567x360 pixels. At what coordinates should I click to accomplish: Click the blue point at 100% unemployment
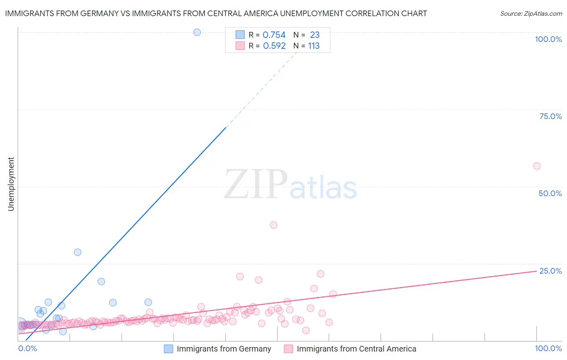(x=197, y=32)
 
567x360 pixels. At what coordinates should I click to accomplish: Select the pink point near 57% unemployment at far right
(x=537, y=166)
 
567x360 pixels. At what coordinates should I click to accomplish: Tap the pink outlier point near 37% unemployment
(x=274, y=225)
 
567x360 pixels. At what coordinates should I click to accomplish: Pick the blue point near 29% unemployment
(x=77, y=252)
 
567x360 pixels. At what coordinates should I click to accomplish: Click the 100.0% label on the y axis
(x=548, y=39)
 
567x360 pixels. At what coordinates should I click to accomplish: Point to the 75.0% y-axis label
(x=550, y=116)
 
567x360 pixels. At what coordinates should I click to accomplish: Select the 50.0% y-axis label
(x=550, y=193)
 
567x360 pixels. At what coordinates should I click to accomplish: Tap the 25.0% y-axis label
(x=550, y=271)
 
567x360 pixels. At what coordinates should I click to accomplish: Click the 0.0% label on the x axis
(x=28, y=348)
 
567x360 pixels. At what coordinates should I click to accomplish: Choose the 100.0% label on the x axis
(x=548, y=348)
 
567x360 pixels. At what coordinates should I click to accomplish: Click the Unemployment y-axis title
(x=11, y=184)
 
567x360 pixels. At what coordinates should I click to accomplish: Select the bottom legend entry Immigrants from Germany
(x=224, y=349)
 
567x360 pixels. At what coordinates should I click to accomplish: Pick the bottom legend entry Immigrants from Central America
(x=356, y=349)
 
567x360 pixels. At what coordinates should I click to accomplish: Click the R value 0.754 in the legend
(x=274, y=35)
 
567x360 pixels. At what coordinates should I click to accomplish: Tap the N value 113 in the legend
(x=314, y=46)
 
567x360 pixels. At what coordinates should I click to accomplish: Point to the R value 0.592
(x=274, y=46)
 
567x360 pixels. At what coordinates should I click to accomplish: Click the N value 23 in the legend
(x=315, y=35)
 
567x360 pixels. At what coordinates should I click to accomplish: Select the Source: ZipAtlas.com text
(x=531, y=13)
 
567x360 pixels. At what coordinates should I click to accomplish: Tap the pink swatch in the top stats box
(x=240, y=46)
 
